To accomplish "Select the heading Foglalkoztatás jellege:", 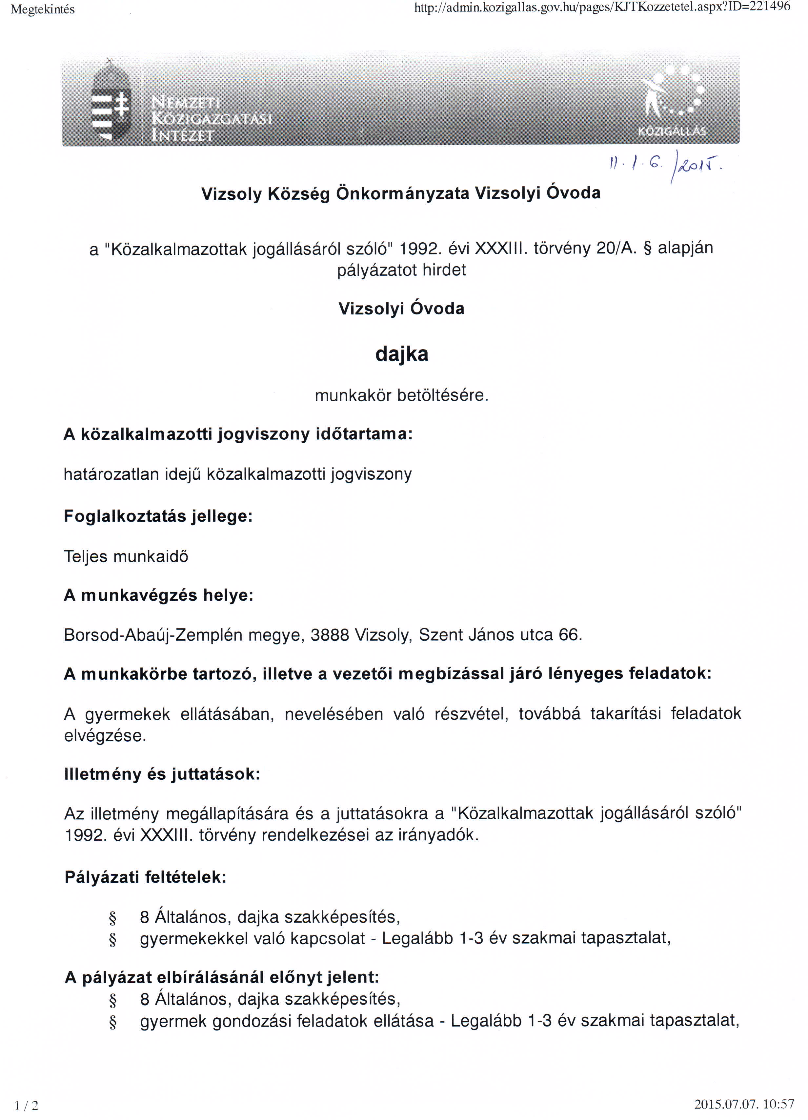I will coord(158,516).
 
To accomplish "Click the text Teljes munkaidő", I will coord(126,556).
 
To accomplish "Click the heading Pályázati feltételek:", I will coord(145,877).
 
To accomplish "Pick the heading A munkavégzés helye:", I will coord(158,595).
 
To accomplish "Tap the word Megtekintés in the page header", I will coord(43,10).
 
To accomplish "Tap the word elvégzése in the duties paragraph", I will coord(104,736).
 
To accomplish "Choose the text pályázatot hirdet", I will coord(401,270).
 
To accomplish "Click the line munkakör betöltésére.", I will coord(401,395).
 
